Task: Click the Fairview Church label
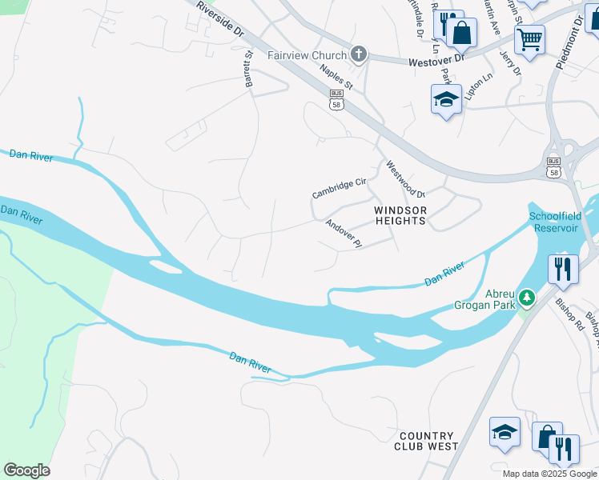point(307,55)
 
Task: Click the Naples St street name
point(336,77)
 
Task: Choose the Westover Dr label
point(436,59)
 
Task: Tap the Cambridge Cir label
point(339,189)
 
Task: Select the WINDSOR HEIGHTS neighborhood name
point(401,216)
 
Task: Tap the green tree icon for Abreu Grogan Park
point(526,298)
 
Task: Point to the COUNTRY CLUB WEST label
point(426,441)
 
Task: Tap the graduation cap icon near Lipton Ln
point(446,99)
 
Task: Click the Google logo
point(26,470)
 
